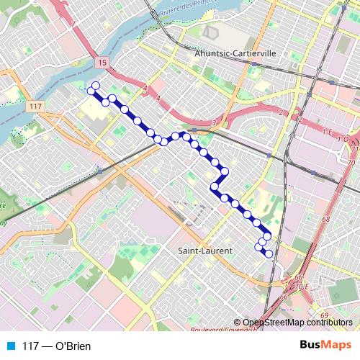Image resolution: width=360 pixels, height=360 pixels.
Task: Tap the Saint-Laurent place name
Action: point(204,251)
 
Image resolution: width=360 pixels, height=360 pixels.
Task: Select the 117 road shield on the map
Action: point(37,107)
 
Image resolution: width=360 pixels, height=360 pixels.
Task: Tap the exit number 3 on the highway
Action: point(214,123)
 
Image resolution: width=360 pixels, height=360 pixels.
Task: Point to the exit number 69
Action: point(323,315)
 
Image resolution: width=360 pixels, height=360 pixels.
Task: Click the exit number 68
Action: point(325,219)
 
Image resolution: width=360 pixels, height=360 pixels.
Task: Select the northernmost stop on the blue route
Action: point(96,86)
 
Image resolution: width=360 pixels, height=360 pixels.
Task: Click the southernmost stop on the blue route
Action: point(269,253)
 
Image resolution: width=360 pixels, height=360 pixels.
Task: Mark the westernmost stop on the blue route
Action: point(91,91)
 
